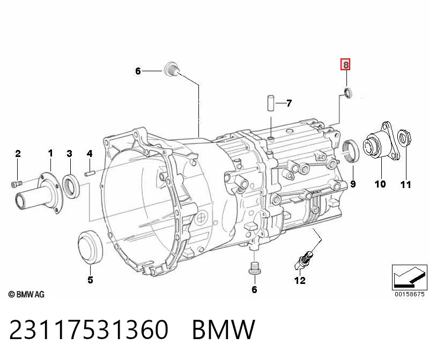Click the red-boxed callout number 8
click(345, 65)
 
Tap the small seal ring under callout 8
click(348, 93)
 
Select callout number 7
click(289, 103)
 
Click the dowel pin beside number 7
click(271, 103)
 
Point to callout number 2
click(18, 154)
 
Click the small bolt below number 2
click(17, 184)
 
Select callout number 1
click(50, 153)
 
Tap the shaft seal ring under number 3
click(71, 186)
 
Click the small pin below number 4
click(90, 173)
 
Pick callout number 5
click(90, 280)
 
